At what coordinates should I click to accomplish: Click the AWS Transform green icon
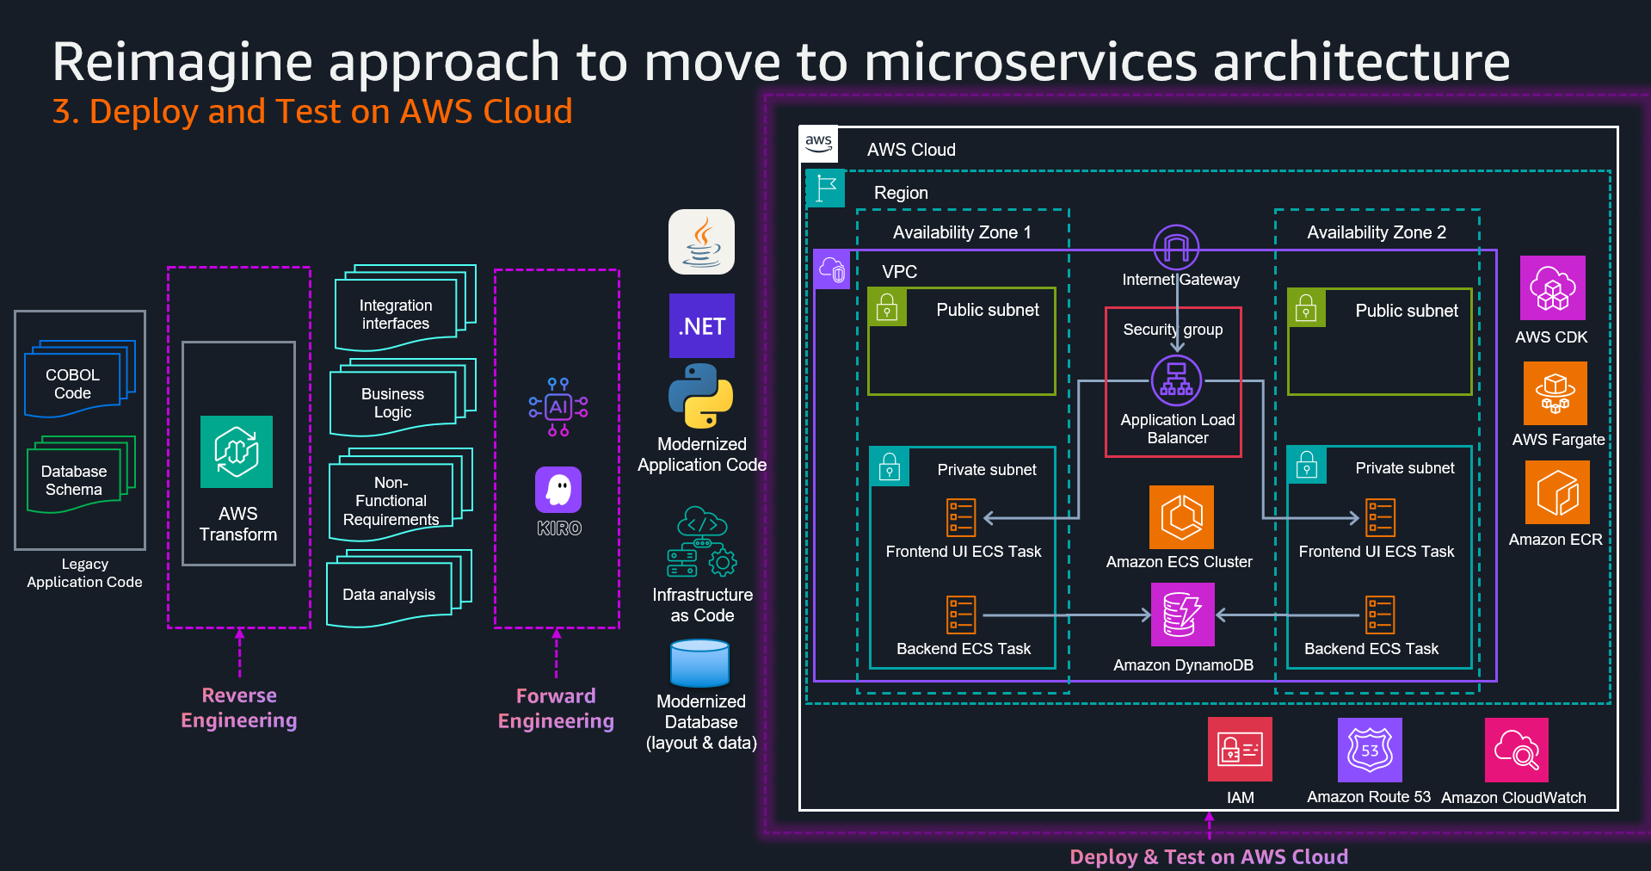coord(237,452)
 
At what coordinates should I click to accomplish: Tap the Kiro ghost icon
coord(558,490)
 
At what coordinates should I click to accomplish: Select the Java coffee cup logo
coord(701,242)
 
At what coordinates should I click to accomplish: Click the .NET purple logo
coord(701,326)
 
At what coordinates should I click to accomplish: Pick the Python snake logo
coord(700,396)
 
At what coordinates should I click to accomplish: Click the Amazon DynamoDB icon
coord(1182,615)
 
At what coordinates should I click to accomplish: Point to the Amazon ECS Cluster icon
coord(1181,517)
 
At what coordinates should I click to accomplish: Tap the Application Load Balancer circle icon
coord(1176,380)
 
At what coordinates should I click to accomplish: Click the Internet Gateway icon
coord(1176,247)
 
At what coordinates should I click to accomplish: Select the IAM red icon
coord(1240,750)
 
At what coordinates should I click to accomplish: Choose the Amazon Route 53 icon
coord(1369,750)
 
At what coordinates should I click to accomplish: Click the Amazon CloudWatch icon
coord(1516,750)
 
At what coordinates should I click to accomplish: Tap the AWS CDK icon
coord(1552,288)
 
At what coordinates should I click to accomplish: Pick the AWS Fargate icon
coord(1555,393)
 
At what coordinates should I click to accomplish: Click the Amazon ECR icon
coord(1557,492)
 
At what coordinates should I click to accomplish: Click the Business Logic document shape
coord(393,402)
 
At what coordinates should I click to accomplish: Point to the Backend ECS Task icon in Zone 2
coord(1380,615)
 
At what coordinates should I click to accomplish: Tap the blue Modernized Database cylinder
coord(699,664)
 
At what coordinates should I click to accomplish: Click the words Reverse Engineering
coord(239,707)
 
